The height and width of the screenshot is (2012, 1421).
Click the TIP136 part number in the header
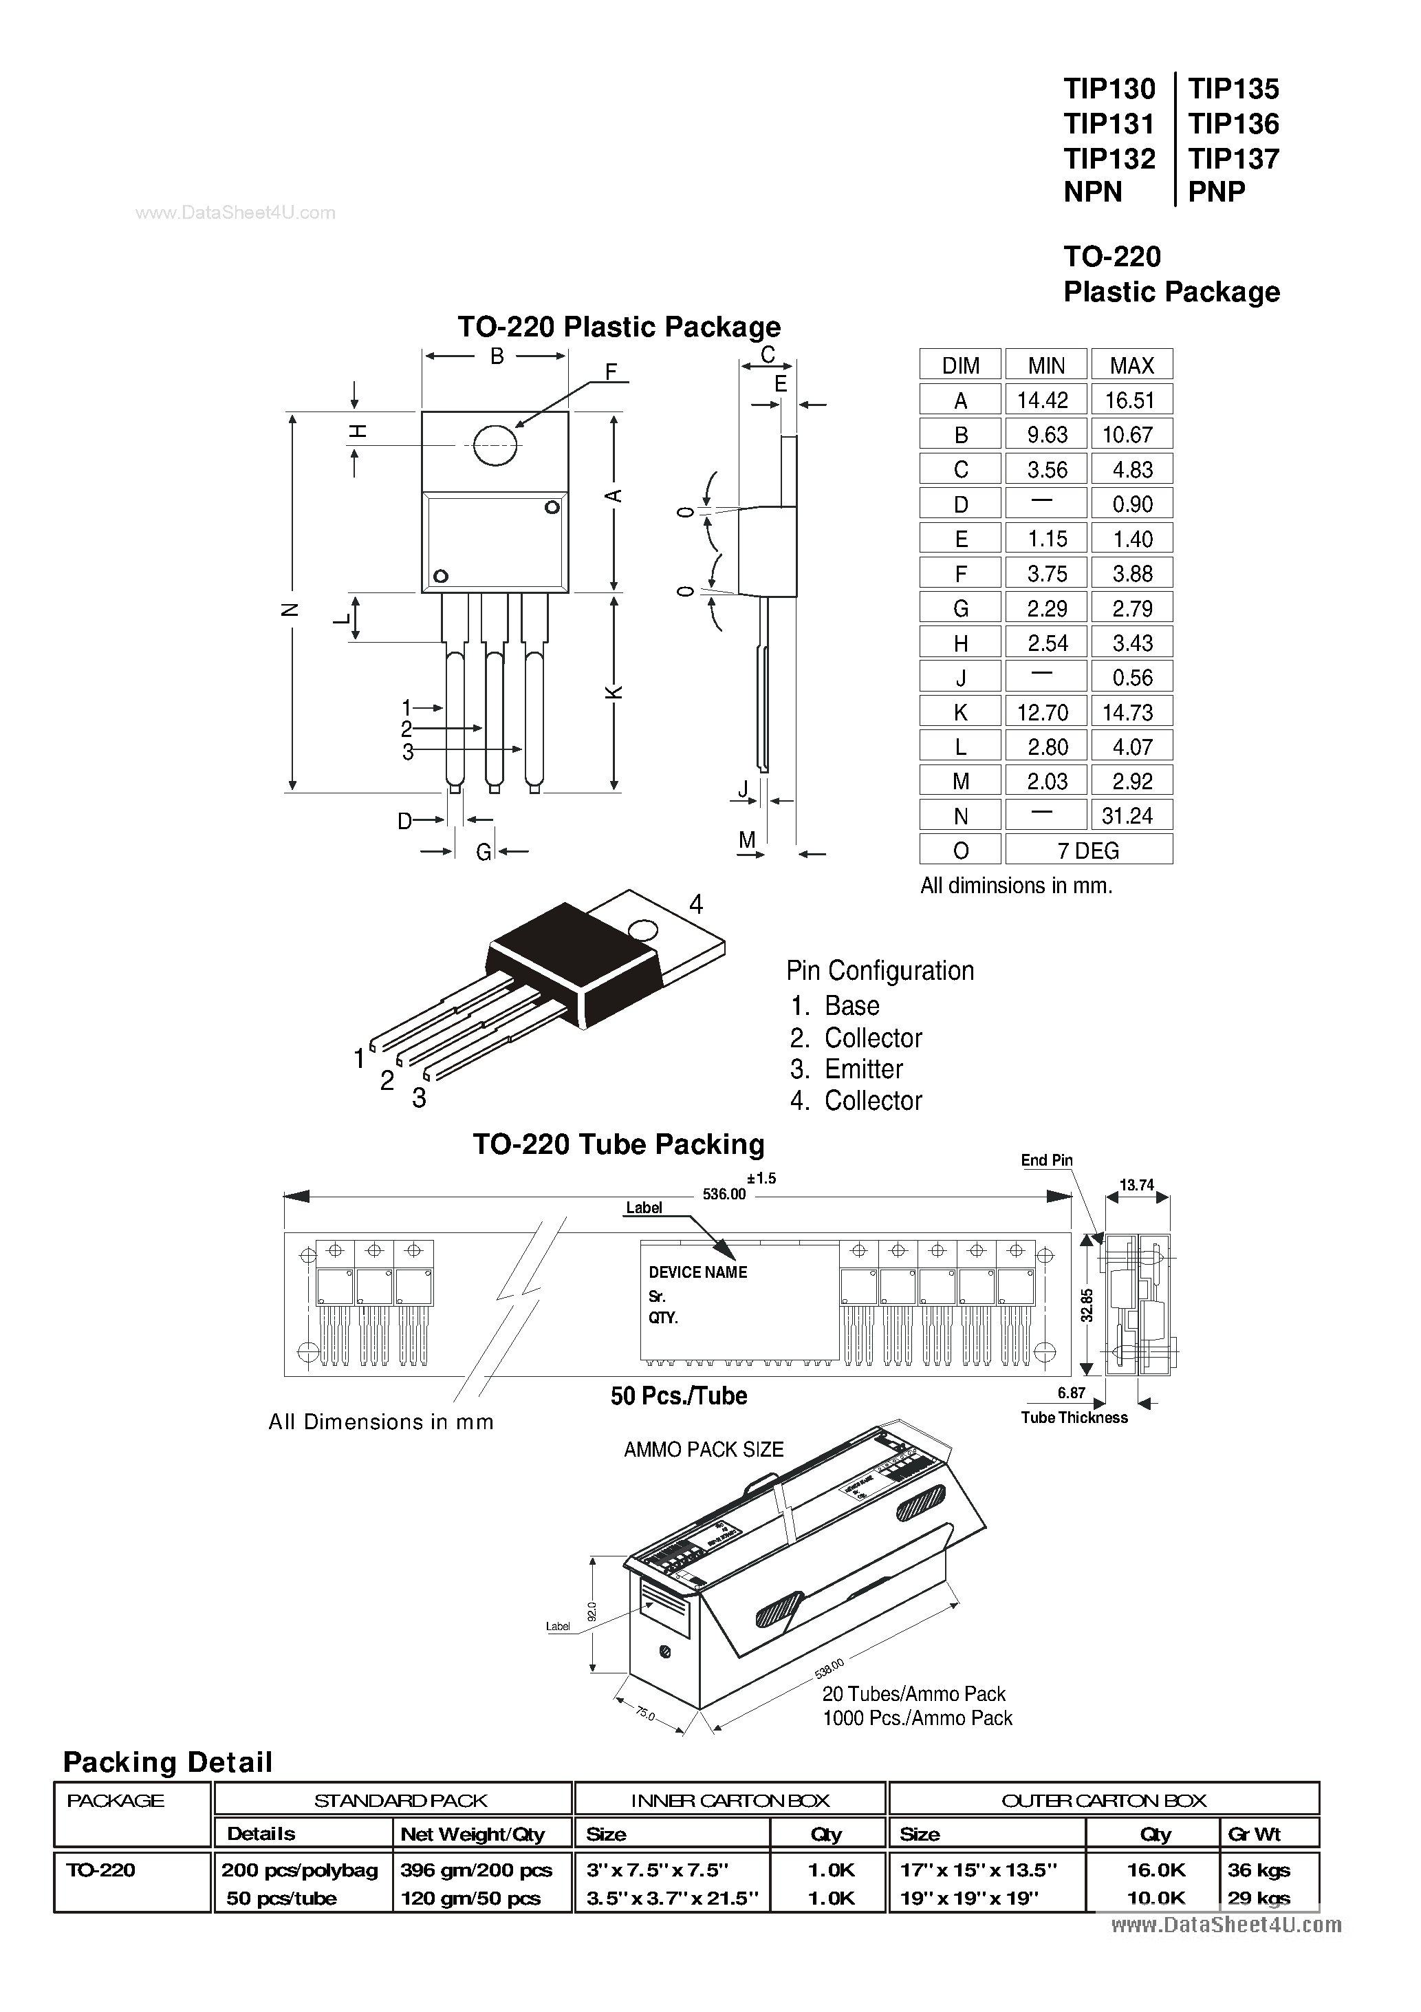[1233, 124]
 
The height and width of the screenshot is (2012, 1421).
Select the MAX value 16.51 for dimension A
[1130, 400]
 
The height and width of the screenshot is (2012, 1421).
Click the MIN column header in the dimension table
[1046, 365]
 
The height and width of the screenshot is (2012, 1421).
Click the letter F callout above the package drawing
[611, 372]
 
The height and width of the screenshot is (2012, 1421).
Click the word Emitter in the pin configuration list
[863, 1069]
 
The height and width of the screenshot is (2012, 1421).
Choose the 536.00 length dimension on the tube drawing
[724, 1195]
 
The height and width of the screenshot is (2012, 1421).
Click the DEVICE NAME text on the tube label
[697, 1272]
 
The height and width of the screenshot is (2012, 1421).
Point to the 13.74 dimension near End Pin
[1136, 1186]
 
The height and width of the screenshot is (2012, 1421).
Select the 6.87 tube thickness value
[1071, 1393]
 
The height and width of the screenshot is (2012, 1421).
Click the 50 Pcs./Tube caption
[678, 1396]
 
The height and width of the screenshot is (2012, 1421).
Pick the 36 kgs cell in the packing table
[1258, 1870]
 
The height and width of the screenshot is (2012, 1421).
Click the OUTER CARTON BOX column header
[1103, 1801]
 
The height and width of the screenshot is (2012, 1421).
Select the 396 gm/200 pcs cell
[476, 1870]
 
